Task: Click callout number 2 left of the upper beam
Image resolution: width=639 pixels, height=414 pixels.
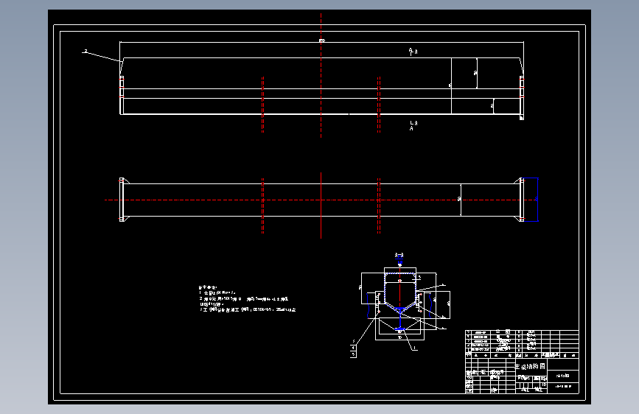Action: [85, 52]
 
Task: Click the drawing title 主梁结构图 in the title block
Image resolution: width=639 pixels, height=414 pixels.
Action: [528, 366]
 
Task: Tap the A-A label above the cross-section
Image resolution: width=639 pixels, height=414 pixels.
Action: [399, 254]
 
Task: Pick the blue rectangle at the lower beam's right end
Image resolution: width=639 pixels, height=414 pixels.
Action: [531, 200]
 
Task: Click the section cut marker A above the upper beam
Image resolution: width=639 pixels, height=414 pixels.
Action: [412, 52]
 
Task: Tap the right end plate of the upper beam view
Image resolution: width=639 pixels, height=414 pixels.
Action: [522, 96]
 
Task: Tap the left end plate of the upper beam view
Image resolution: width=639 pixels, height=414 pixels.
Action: [122, 96]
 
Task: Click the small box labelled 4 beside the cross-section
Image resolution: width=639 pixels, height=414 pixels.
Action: [353, 346]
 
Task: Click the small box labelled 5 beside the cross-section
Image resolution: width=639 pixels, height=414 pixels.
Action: [353, 354]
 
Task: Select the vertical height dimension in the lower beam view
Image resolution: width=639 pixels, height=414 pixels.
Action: [461, 199]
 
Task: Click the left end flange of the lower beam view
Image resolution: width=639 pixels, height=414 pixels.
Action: [122, 200]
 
